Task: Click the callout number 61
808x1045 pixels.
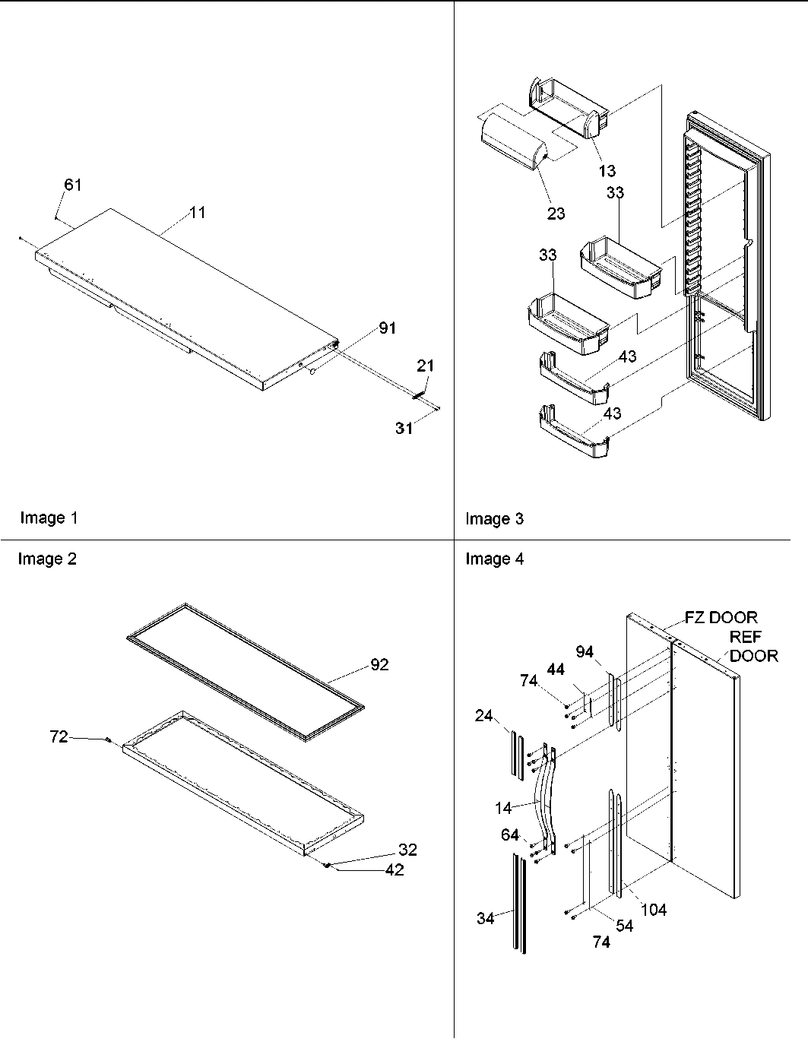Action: point(72,185)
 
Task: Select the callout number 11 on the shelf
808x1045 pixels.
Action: point(197,213)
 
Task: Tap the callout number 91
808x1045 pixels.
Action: point(388,328)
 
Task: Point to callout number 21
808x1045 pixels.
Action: point(425,366)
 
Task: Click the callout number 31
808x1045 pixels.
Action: point(404,429)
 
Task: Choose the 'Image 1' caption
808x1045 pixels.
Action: point(49,518)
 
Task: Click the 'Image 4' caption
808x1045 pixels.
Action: point(494,559)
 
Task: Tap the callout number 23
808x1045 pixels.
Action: point(556,214)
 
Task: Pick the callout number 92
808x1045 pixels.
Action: point(379,665)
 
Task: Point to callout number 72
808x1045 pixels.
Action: point(59,736)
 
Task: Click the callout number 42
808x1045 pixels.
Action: point(394,870)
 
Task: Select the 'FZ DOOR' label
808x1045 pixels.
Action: point(721,618)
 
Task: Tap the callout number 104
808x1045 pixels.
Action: point(653,910)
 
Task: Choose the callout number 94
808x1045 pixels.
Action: point(584,652)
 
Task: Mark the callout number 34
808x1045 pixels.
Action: point(486,919)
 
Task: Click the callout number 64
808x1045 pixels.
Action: point(509,835)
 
